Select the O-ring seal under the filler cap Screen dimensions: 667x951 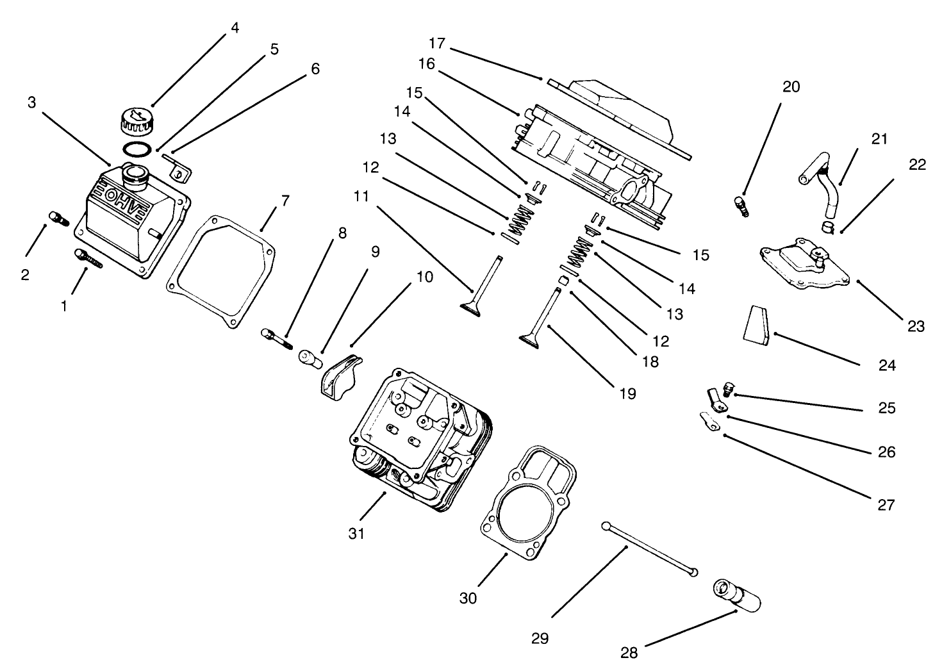tap(137, 149)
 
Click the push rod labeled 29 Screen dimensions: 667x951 tap(649, 549)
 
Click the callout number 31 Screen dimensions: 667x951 tap(356, 533)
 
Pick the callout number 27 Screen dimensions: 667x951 tap(885, 505)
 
